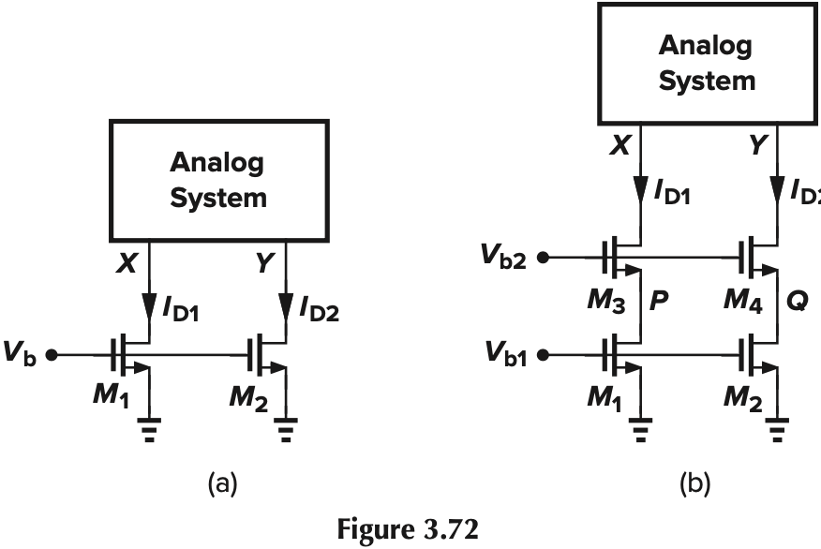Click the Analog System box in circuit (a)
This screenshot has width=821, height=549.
[x=217, y=179]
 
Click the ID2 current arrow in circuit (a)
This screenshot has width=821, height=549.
[x=285, y=305]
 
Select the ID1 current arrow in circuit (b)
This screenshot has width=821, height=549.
[x=640, y=187]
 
